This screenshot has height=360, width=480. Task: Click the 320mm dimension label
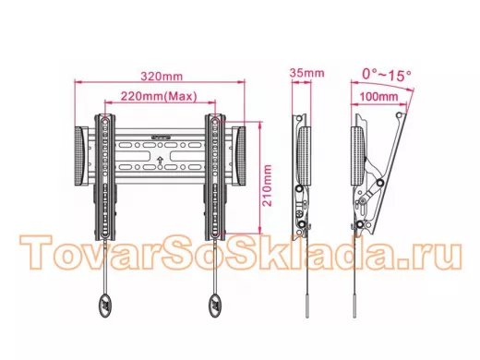pos(162,77)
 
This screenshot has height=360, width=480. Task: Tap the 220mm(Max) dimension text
pos(159,96)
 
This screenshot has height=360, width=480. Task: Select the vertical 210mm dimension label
pos(267,186)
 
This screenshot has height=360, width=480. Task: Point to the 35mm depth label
pos(306,73)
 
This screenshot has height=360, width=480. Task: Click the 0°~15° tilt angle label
pos(387,75)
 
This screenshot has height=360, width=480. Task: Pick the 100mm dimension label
pos(378,97)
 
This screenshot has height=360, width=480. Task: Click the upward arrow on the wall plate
pos(160,160)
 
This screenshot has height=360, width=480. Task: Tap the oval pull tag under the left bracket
pos(105,306)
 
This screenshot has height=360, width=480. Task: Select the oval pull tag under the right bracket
pos(216,306)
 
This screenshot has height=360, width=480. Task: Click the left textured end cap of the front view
pos(81,156)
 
